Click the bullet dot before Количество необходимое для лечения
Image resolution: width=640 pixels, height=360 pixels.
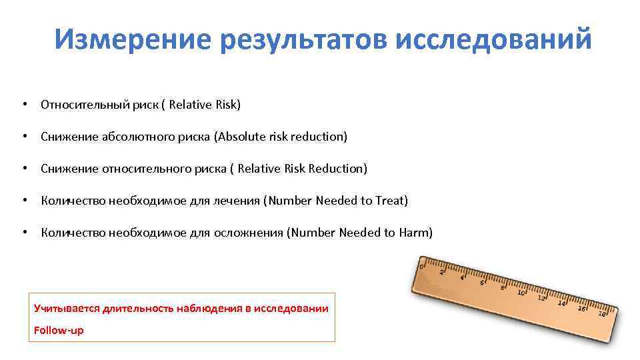click(x=24, y=201)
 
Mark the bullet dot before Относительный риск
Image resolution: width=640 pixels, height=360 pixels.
click(x=24, y=105)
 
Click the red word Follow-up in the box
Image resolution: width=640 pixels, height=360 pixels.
click(x=59, y=330)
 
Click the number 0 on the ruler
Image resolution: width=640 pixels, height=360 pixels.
click(x=422, y=265)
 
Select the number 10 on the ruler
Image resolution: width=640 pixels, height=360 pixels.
click(x=521, y=292)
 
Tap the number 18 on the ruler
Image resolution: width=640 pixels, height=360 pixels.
click(x=602, y=313)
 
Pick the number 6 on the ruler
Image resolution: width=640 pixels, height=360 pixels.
click(x=482, y=282)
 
